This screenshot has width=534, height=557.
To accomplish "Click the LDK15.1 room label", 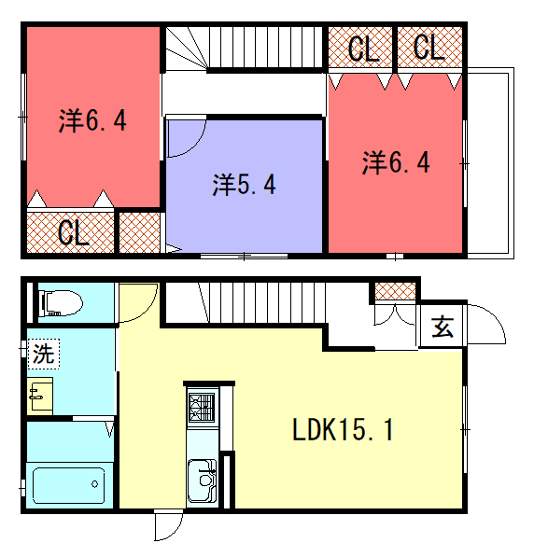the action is pos(343,429).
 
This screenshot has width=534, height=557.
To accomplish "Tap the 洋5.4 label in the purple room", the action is pos(244,185).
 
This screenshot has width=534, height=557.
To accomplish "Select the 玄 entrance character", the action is pos(443,327).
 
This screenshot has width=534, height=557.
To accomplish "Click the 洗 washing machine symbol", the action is pos(44,354).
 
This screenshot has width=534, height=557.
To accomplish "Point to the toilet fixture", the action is pos(61,303).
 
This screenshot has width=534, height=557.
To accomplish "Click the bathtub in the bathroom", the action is pos(69,485).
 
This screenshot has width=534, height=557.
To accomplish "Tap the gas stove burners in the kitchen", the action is pos(202,408).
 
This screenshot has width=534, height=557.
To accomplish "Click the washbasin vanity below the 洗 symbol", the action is pos(40,397).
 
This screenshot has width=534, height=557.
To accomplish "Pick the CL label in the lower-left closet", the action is pos(73,232).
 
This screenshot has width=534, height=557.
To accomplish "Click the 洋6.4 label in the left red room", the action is pos(92,120).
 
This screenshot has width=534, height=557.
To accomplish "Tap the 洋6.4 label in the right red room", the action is pos(396,162).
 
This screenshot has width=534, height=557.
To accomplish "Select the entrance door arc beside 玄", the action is pos(492,320).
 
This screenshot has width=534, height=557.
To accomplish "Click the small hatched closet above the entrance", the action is pos(395,291).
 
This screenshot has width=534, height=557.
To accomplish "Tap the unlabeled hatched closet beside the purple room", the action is pos(139,232).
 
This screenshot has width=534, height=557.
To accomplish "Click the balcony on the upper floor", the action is pos(490,163).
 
